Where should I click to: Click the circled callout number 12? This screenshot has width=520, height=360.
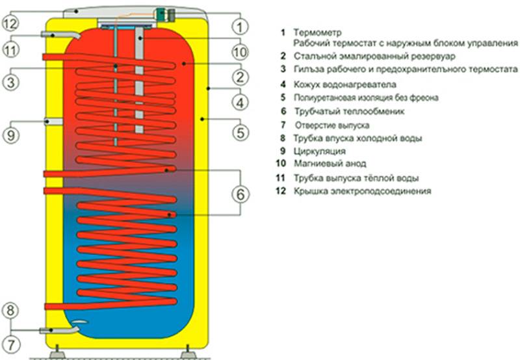10,23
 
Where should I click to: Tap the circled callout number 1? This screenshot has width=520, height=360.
239,26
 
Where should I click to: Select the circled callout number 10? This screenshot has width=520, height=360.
239,52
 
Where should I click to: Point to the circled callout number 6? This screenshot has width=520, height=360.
240,194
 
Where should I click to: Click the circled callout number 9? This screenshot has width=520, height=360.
10,135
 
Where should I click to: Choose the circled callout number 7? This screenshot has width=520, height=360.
11,345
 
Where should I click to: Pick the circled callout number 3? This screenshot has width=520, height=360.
10,82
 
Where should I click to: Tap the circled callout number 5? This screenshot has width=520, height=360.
240,133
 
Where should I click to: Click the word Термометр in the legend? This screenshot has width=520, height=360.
317,32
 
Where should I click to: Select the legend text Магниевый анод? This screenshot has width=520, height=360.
330,163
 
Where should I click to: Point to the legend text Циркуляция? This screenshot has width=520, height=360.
320,151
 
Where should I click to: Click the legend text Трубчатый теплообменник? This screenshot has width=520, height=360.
349,111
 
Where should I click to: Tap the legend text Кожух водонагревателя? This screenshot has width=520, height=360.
345,84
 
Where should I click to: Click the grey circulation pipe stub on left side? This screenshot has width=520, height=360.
54,122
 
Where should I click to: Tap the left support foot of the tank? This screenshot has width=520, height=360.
57,352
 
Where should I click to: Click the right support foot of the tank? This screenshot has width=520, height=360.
187,352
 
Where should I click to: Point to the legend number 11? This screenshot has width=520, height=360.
281,178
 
